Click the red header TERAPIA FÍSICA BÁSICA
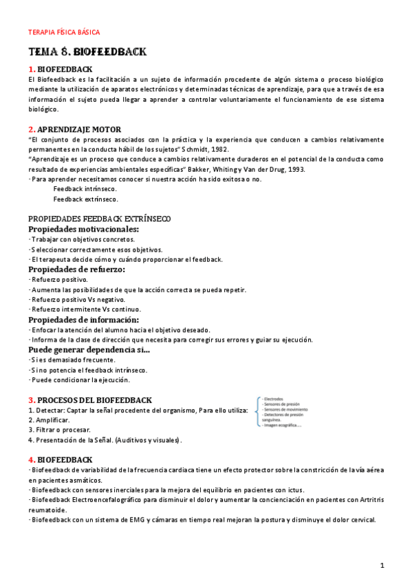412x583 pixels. pyautogui.click(x=63, y=32)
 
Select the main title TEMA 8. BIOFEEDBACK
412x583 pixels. pyautogui.click(x=87, y=53)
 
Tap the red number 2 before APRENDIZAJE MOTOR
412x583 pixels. pyautogui.click(x=31, y=129)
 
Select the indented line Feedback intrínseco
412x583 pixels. pyautogui.click(x=85, y=189)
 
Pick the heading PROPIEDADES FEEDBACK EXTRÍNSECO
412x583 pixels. pyautogui.click(x=100, y=219)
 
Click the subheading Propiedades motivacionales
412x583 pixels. pyautogui.click(x=83, y=229)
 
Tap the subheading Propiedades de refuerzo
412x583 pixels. pyautogui.click(x=76, y=269)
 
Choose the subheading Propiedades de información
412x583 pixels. pyautogui.click(x=83, y=320)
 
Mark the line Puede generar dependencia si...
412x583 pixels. pyautogui.click(x=89, y=350)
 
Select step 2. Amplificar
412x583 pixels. pyautogui.click(x=49, y=419)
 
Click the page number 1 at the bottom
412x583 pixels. pyautogui.click(x=382, y=564)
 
